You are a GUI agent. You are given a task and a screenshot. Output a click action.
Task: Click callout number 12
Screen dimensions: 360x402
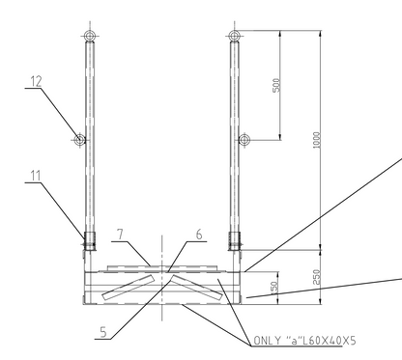(35, 84)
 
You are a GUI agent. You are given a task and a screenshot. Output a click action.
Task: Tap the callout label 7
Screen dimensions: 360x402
(118, 232)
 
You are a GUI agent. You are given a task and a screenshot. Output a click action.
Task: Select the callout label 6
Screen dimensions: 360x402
(199, 233)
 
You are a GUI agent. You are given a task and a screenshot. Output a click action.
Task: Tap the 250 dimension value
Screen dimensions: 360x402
(316, 277)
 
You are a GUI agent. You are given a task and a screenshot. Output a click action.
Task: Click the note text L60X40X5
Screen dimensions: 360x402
(325, 341)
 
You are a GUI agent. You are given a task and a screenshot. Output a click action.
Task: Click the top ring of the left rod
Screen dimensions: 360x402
(89, 38)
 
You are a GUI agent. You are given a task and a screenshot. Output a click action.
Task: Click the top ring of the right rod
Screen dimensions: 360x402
(234, 38)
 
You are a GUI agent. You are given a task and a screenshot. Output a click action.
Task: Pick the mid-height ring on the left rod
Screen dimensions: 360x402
(79, 140)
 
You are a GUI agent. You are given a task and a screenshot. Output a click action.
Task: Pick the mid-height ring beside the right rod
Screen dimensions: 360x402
(245, 140)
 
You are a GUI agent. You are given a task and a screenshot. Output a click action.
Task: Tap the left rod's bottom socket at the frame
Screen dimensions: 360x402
(89, 238)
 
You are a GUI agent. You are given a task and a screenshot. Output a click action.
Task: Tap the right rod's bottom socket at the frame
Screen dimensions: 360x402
(234, 238)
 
